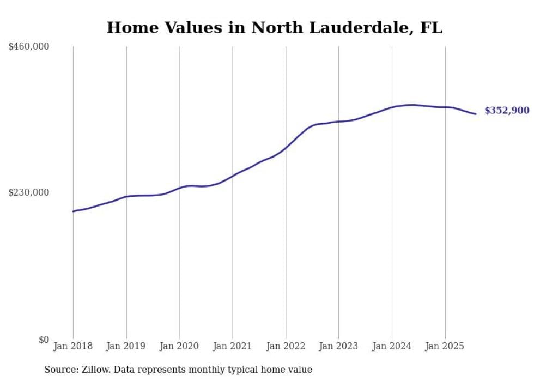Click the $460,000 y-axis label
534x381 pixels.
29,47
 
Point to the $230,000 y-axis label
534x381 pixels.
29,192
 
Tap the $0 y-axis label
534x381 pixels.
44,340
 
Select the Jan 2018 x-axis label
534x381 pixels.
73,346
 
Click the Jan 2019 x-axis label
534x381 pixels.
126,346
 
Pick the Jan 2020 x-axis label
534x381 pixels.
179,346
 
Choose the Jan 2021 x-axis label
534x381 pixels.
233,346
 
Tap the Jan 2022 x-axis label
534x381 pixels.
286,346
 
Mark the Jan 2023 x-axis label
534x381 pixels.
339,346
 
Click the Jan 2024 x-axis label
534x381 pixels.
392,346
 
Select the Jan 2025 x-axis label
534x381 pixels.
445,346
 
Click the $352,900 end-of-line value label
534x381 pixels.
507,111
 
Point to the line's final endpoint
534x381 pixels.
476,114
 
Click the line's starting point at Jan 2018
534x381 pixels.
73,211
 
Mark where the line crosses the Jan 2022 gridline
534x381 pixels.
286,147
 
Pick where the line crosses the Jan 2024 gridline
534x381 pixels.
392,107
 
